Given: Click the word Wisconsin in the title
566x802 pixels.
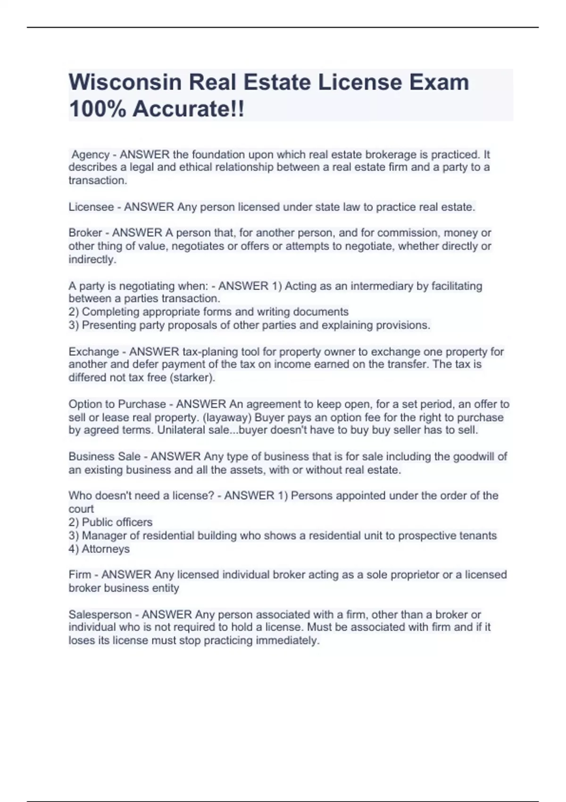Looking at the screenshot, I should click(125, 83).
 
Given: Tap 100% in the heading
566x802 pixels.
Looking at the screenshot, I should click(97, 109).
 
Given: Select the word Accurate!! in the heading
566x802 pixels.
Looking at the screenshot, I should click(188, 109).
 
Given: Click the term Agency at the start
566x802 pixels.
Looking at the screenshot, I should click(91, 155).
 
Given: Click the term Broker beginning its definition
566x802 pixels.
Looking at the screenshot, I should click(85, 233).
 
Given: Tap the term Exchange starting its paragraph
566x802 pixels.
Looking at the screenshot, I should click(93, 352).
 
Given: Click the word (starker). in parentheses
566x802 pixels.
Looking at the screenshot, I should click(192, 378).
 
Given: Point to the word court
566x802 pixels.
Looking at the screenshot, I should click(81, 509).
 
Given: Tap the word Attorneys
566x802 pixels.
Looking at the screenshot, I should click(106, 549).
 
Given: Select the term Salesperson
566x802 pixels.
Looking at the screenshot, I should click(100, 615).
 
